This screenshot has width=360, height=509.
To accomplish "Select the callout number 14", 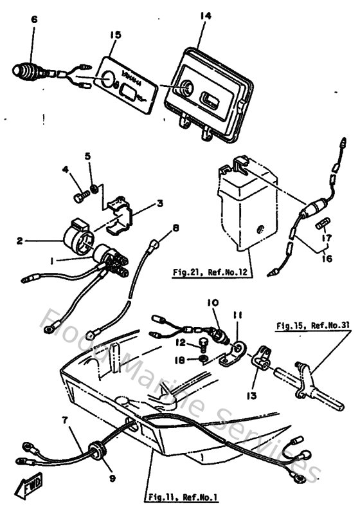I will (x=205, y=14).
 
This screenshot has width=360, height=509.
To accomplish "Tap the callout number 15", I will (x=115, y=33).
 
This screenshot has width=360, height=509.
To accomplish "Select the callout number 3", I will (x=160, y=203).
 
